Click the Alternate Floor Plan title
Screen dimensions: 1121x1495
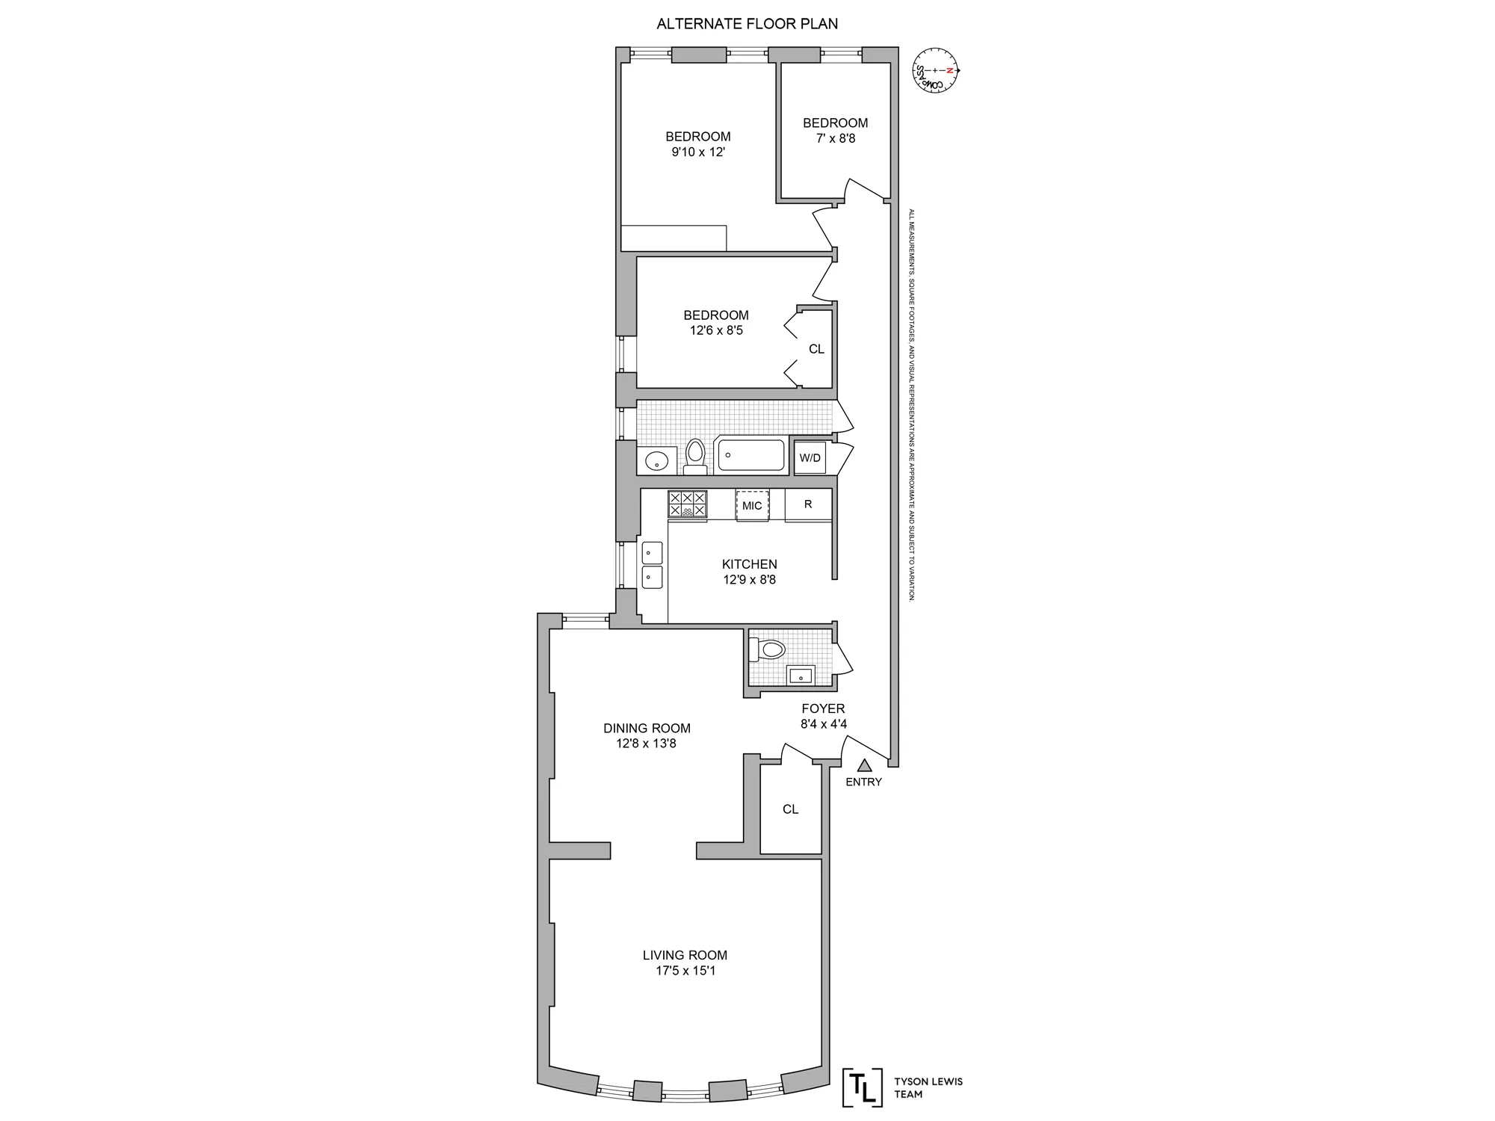(747, 24)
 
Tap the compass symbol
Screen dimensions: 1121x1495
(935, 70)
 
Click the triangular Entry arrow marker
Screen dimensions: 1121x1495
(864, 765)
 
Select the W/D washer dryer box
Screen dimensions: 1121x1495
(810, 457)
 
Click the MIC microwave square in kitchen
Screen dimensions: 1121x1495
(752, 506)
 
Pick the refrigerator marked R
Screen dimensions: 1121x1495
(808, 504)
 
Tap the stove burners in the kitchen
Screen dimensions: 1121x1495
(687, 504)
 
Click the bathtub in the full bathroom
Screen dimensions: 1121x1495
(751, 455)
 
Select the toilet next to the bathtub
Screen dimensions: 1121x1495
(695, 457)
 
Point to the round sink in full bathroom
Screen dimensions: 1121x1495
(656, 460)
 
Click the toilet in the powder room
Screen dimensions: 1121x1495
(768, 649)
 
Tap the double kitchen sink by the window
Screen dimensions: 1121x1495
(653, 564)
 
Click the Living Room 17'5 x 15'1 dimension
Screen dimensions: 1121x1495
(685, 971)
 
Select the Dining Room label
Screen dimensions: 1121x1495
(647, 728)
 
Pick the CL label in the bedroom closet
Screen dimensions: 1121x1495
(816, 349)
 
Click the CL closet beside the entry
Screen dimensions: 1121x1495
(790, 809)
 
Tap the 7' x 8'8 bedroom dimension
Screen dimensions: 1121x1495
(835, 138)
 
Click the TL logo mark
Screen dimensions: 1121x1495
(862, 1087)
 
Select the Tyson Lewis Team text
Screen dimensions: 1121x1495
(928, 1087)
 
